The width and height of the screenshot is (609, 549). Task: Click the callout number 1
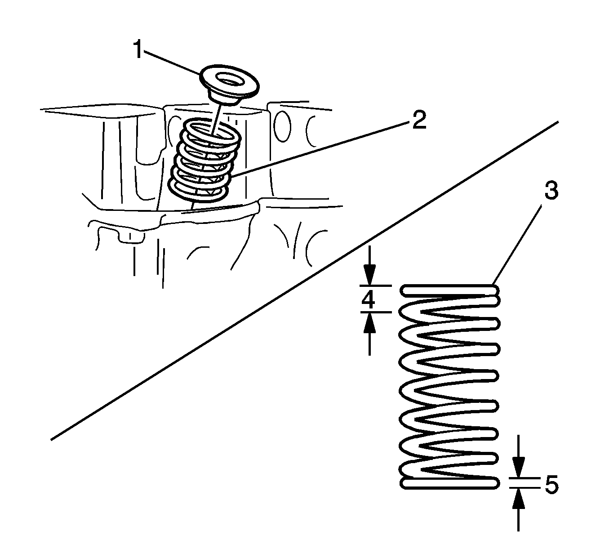(x=139, y=49)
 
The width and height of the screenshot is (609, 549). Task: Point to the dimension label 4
(x=369, y=299)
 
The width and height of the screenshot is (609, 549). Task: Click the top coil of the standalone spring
(x=449, y=290)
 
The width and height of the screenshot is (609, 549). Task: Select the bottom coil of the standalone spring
(x=449, y=483)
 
